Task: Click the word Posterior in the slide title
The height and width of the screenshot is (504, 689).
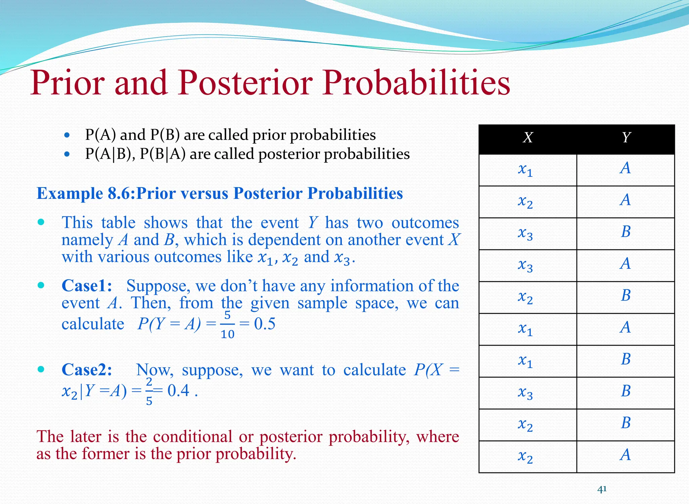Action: [x=246, y=83]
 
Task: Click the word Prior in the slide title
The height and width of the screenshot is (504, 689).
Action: [x=67, y=83]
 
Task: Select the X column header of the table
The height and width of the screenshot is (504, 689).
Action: [x=528, y=137]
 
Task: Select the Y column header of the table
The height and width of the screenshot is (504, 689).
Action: [x=626, y=137]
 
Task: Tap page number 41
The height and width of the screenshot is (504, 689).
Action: [x=602, y=489]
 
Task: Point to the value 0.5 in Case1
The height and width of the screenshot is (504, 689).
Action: [x=264, y=324]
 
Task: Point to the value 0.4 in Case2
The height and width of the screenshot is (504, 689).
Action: [x=178, y=390]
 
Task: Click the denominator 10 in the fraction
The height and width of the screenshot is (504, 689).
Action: [x=227, y=334]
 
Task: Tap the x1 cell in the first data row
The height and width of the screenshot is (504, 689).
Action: [x=525, y=169]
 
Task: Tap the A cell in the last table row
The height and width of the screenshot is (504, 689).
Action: [x=625, y=455]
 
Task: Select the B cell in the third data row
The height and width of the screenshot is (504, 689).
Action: [x=626, y=232]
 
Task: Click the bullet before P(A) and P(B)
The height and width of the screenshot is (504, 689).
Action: [x=67, y=135]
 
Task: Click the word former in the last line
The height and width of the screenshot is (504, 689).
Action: [x=106, y=454]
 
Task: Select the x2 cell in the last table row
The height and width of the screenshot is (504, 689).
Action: [x=525, y=456]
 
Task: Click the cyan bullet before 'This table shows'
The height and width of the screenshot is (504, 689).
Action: [x=41, y=222]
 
